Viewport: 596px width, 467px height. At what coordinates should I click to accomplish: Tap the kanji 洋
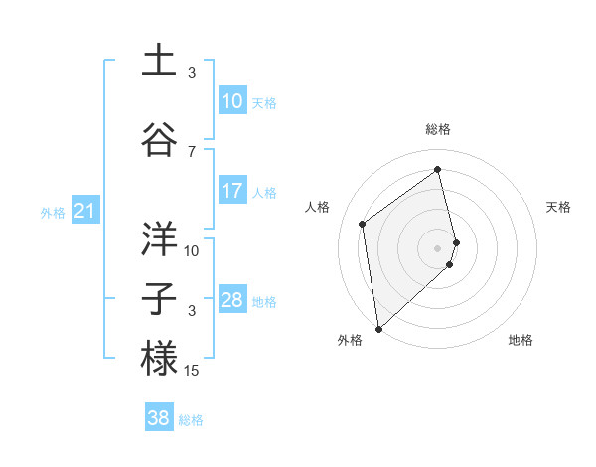[159, 238]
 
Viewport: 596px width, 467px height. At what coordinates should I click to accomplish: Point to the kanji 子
[159, 299]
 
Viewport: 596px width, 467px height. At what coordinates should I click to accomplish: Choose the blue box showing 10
[231, 101]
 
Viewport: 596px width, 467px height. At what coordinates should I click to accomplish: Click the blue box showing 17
[231, 191]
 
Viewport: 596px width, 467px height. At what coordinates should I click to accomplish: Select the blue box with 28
[231, 300]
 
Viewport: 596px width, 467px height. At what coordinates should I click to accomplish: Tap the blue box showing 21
[84, 211]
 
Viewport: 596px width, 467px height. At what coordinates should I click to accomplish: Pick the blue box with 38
[158, 418]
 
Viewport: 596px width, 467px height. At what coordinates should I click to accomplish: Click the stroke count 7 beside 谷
[192, 151]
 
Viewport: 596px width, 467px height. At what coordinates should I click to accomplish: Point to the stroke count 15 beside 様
[192, 371]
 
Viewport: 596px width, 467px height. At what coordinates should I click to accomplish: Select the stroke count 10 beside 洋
[192, 250]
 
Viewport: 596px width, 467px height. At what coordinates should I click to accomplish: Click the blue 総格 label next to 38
[191, 420]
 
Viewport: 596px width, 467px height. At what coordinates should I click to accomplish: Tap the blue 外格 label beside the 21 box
[52, 212]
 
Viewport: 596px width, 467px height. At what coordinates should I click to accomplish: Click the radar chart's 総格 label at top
[438, 129]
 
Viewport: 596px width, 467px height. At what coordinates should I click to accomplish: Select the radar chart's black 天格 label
[559, 207]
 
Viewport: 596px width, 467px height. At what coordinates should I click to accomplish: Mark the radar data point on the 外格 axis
[377, 328]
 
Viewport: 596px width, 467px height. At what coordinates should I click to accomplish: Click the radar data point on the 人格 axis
[363, 224]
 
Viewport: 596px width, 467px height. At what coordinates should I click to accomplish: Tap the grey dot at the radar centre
[438, 247]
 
